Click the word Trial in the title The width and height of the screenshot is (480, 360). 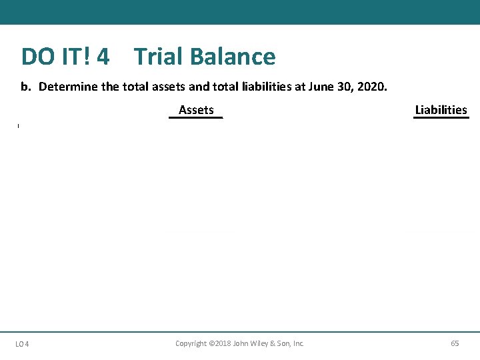157,57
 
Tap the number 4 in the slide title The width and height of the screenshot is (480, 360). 103,57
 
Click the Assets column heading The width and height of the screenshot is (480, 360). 196,110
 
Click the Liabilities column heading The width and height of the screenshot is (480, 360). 441,110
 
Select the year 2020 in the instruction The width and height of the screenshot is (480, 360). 369,87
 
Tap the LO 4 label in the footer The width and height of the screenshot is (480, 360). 22,344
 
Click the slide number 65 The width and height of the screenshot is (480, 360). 455,343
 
